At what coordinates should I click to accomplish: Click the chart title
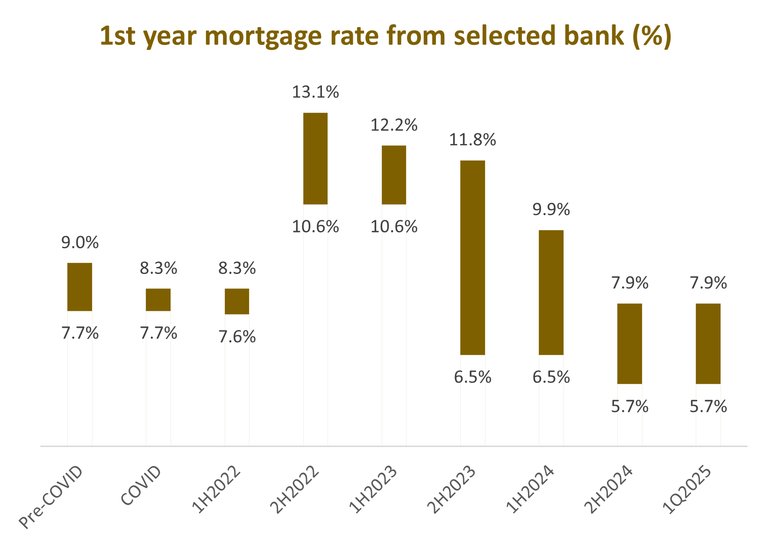[x=385, y=36]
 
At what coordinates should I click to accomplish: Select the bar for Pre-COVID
[x=79, y=287]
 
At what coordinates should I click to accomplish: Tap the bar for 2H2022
[x=315, y=159]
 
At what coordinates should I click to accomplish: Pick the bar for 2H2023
[x=472, y=258]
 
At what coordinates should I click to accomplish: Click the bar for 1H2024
[x=551, y=292]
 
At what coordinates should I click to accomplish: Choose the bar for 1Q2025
[x=708, y=344]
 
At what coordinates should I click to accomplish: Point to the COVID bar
[x=158, y=300]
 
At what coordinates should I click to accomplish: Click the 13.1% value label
[x=315, y=92]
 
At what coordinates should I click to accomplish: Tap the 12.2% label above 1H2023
[x=394, y=125]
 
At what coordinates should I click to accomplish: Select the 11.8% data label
[x=472, y=140]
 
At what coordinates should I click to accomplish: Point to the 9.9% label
[x=551, y=210]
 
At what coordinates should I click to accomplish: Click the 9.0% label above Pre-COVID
[x=80, y=243]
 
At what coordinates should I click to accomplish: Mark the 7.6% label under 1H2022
[x=237, y=337]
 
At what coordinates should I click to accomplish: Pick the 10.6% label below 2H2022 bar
[x=315, y=227]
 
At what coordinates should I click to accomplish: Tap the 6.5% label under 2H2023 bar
[x=472, y=377]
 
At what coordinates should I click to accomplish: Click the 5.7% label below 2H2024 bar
[x=629, y=407]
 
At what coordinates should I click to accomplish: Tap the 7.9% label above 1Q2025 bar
[x=708, y=283]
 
